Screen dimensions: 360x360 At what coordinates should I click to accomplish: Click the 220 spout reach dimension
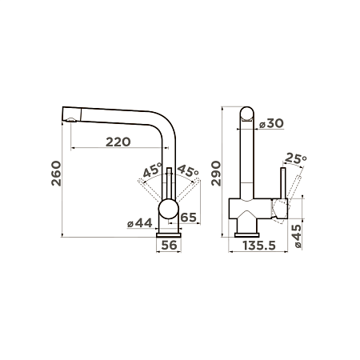(118, 142)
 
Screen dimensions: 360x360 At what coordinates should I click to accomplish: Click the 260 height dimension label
(56, 174)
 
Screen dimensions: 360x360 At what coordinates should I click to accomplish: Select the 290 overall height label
(216, 174)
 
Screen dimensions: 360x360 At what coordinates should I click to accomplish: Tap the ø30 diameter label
(271, 123)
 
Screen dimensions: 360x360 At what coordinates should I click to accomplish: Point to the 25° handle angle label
(295, 158)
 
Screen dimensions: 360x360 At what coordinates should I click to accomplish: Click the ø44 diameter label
(139, 223)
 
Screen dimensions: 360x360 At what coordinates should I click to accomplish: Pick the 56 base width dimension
(169, 245)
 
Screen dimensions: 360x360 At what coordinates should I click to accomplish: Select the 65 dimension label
(189, 218)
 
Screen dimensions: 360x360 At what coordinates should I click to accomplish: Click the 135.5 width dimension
(259, 246)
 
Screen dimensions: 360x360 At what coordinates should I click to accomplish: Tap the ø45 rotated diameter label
(297, 236)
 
